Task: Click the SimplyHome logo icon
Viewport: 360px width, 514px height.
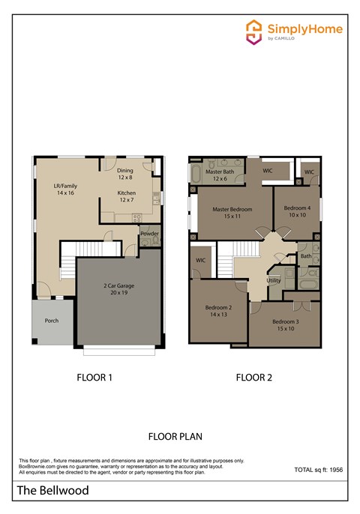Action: [255, 31]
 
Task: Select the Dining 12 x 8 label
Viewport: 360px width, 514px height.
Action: [125, 175]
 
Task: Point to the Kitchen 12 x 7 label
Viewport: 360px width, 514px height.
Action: [126, 196]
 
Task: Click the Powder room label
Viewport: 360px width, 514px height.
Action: [149, 233]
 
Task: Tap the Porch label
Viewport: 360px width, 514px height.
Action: [52, 321]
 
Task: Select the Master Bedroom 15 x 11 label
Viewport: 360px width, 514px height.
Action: [232, 213]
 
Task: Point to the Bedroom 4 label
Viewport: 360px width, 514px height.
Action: [298, 211]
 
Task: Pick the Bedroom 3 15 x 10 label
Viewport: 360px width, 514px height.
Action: [285, 325]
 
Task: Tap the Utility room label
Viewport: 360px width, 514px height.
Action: [274, 279]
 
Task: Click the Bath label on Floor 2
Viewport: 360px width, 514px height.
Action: [306, 256]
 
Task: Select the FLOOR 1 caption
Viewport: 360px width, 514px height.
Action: [94, 378]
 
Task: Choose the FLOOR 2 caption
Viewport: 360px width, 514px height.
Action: [253, 378]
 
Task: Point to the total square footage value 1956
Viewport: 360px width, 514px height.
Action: [339, 470]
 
